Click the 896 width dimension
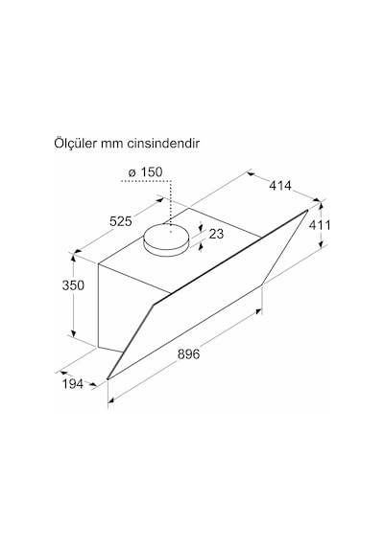pyautogui.click(x=188, y=353)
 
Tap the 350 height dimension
pyautogui.click(x=73, y=285)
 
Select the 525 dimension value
pyautogui.click(x=121, y=221)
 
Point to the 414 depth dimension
pyautogui.click(x=280, y=186)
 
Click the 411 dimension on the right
pyautogui.click(x=320, y=225)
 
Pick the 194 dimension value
pyautogui.click(x=73, y=384)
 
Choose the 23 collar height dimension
pyautogui.click(x=216, y=234)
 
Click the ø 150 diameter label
pyautogui.click(x=145, y=172)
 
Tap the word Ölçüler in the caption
pyautogui.click(x=75, y=143)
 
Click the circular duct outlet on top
pyautogui.click(x=166, y=239)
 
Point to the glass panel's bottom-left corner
pyautogui.click(x=108, y=379)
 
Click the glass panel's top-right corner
pyautogui.click(x=307, y=210)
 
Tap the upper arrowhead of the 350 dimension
pyautogui.click(x=73, y=258)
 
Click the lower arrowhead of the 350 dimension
pyautogui.click(x=73, y=333)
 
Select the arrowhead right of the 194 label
pyautogui.click(x=93, y=385)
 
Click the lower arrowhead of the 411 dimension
pyautogui.click(x=321, y=244)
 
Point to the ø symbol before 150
pyautogui.click(x=132, y=172)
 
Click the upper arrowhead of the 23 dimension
pyautogui.click(x=201, y=228)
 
